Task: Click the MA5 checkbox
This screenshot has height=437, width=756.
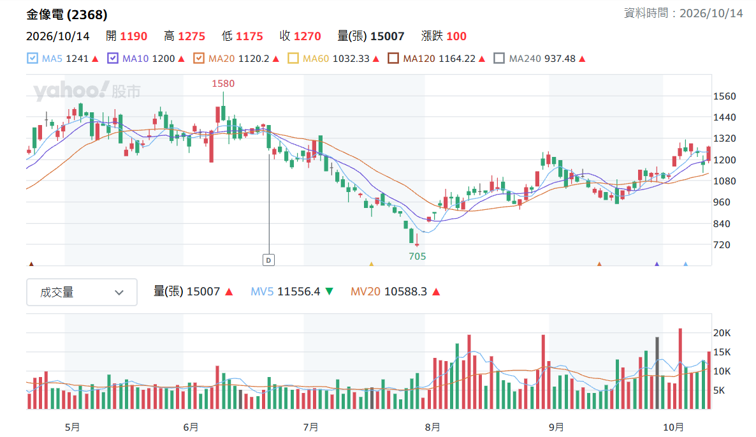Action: point(33,58)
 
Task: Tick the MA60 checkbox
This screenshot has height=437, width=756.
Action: point(293,58)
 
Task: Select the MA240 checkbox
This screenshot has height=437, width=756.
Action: point(500,58)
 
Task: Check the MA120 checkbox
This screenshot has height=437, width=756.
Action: point(393,58)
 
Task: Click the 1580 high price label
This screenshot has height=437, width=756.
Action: point(223,84)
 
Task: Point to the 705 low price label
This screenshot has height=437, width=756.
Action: point(418,256)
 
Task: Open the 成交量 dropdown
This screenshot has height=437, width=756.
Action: point(82,292)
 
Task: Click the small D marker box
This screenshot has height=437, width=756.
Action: point(268,260)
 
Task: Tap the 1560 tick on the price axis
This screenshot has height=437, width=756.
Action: point(725,96)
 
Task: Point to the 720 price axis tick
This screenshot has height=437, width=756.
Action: point(722,244)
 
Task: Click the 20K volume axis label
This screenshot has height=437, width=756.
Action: point(722,333)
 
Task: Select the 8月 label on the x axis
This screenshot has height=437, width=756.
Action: point(432,427)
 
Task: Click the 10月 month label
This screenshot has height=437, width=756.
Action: point(674,427)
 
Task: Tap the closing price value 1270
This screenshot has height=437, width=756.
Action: point(307,36)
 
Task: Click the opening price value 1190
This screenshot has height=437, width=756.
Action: point(134,36)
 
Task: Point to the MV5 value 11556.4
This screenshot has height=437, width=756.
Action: point(299,292)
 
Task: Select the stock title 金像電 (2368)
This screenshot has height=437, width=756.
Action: point(67,15)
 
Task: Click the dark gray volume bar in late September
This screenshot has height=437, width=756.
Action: point(657,373)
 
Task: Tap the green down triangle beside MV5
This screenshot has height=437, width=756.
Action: point(330,292)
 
